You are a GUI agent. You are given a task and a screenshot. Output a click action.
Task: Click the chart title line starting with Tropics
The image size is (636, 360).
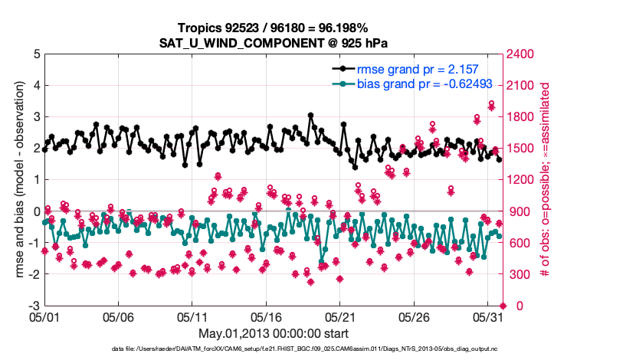click(x=273, y=28)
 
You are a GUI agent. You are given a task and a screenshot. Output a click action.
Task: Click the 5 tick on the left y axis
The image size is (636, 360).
click(x=35, y=54)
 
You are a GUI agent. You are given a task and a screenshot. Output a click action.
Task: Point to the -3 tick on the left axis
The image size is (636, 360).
click(x=34, y=306)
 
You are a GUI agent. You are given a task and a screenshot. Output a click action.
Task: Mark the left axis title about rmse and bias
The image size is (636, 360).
click(x=16, y=180)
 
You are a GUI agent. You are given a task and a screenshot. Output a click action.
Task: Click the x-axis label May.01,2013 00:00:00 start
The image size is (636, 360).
click(x=273, y=333)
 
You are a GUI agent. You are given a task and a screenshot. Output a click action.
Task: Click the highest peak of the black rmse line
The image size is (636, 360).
click(x=310, y=116)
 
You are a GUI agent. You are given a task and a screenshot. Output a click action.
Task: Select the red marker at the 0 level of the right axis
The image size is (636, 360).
click(x=503, y=306)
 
